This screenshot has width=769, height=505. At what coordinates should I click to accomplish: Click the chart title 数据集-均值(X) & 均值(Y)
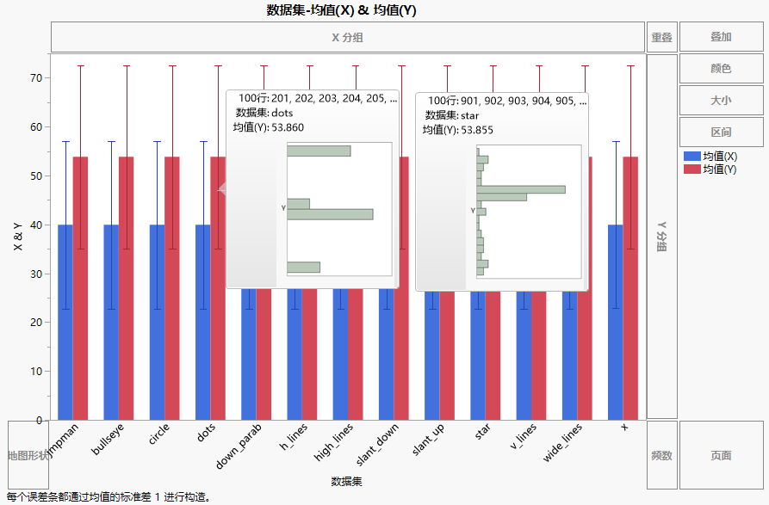[341, 10]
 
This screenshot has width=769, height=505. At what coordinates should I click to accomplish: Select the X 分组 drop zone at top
[347, 38]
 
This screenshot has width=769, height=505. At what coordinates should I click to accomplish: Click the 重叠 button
[661, 38]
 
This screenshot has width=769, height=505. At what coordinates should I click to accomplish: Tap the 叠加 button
[721, 38]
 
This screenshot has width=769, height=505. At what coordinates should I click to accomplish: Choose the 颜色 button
[721, 69]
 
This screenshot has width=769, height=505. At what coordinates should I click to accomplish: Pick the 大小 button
[721, 101]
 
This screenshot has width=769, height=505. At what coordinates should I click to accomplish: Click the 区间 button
[721, 132]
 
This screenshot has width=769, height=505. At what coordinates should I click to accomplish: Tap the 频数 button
[661, 455]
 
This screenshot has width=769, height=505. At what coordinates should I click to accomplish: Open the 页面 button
[721, 455]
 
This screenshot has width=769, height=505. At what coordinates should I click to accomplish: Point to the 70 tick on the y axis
[36, 78]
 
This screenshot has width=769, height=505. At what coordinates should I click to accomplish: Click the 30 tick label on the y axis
[36, 274]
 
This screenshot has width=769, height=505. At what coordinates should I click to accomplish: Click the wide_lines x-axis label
[563, 440]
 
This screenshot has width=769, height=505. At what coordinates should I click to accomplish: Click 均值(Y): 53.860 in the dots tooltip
[269, 127]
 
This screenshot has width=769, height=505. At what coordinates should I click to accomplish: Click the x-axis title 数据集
[346, 481]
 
